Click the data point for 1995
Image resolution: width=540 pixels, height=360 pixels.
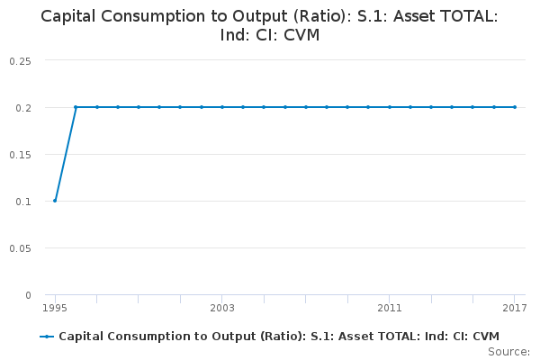click(x=55, y=201)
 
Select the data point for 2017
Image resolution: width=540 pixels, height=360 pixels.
click(x=515, y=107)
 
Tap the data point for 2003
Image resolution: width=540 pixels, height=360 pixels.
click(x=222, y=107)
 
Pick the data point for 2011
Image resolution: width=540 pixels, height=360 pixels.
click(x=390, y=107)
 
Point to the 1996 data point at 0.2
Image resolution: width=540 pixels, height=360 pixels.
click(x=76, y=107)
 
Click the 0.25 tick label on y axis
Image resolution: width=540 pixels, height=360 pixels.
click(x=20, y=60)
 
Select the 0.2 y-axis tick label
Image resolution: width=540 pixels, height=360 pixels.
click(x=23, y=107)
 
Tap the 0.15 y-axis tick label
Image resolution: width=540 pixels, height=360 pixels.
click(x=20, y=154)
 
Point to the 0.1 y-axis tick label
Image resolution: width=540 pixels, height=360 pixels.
click(x=23, y=201)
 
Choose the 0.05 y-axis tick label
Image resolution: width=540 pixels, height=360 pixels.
click(x=20, y=247)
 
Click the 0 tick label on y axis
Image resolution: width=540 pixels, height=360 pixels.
click(x=28, y=295)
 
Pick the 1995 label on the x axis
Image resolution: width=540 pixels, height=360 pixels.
click(x=55, y=308)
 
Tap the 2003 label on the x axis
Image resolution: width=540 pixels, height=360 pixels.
click(x=222, y=308)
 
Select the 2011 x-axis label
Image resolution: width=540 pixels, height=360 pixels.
click(x=390, y=308)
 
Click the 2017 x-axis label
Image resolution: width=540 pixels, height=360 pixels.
click(x=514, y=308)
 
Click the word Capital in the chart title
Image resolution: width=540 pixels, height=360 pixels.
click(x=71, y=16)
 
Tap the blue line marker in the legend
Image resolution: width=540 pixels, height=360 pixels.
click(x=48, y=337)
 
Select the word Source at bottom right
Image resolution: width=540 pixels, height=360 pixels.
click(x=508, y=351)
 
